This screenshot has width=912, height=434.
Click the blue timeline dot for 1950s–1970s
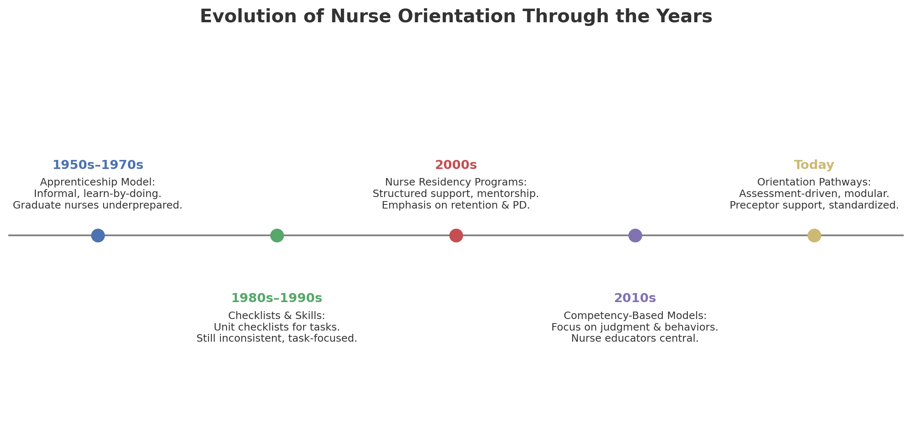click(x=98, y=235)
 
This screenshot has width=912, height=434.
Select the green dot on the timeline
click(x=277, y=235)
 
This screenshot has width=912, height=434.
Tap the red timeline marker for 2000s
click(x=456, y=235)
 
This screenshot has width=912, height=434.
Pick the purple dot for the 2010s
click(x=635, y=235)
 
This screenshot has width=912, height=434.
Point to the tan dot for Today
click(x=814, y=235)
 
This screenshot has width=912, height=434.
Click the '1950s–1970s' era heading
click(x=98, y=165)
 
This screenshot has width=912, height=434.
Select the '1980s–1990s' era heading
click(x=276, y=298)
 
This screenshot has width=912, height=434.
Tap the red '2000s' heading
click(x=456, y=165)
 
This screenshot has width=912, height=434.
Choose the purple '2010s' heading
click(x=635, y=298)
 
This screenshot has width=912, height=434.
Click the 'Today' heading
click(x=814, y=165)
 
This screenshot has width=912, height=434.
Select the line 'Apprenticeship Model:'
click(x=98, y=182)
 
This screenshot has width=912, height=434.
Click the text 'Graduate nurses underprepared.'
click(x=98, y=205)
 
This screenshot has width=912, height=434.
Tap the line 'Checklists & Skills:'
click(x=277, y=316)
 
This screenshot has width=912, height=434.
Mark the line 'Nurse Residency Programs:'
click(x=456, y=182)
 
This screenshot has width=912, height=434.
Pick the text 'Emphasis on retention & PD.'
click(x=456, y=205)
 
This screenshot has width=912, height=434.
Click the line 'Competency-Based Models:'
click(x=635, y=316)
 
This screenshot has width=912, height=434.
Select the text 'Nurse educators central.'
click(x=635, y=338)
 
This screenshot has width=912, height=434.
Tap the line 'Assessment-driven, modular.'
click(x=814, y=194)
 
